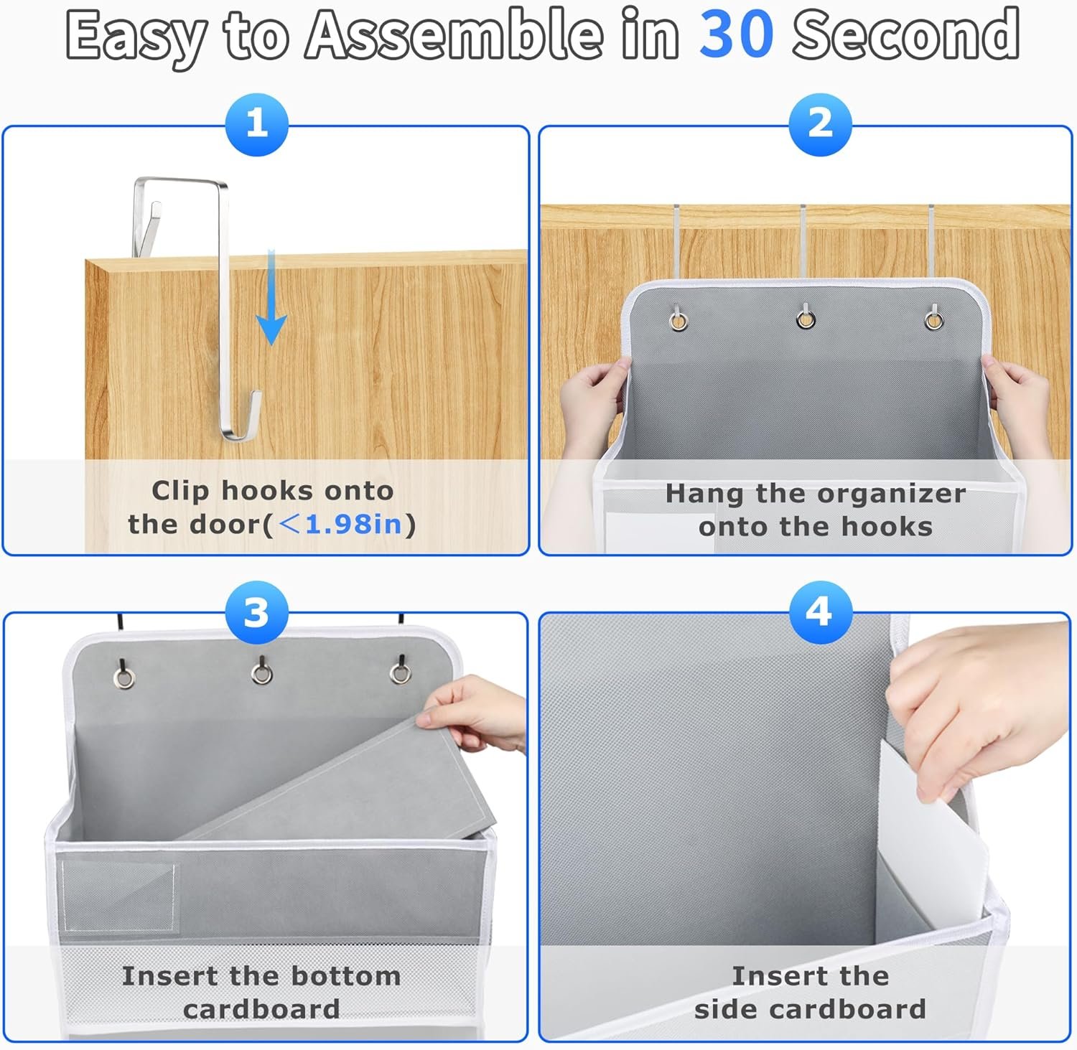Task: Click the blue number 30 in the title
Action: point(737,34)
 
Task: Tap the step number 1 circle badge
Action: point(257,124)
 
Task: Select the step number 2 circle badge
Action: point(820,124)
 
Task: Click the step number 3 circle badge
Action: point(257,612)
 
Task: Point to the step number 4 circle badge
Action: point(820,612)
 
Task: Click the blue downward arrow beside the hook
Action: point(271,296)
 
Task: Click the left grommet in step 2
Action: point(678,319)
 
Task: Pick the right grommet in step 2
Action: point(933,319)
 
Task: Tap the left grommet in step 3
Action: point(125,678)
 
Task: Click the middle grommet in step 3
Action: point(261,674)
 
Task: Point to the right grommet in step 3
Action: point(400,673)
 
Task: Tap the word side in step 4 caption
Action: point(725,1009)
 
